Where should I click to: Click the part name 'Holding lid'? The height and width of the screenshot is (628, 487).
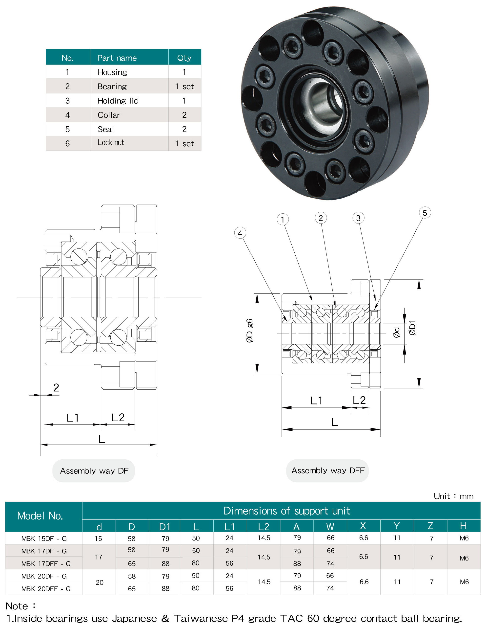pos(118,101)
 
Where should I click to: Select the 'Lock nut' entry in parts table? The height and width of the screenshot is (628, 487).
pos(111,143)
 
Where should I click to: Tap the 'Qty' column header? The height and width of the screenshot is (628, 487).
pos(184,58)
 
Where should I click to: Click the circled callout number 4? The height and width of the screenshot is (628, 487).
pos(240,233)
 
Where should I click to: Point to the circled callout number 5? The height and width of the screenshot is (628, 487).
pos(425,213)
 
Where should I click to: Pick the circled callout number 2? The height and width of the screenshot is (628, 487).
pos(321,218)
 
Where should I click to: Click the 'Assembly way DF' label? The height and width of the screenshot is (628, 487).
pos(94,471)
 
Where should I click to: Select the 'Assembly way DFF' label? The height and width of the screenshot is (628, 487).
pos(328,471)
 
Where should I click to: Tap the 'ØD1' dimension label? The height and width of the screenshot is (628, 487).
pos(412,328)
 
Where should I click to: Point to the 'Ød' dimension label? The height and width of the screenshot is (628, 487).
pos(396,332)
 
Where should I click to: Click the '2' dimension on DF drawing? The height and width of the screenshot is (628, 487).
pos(56,388)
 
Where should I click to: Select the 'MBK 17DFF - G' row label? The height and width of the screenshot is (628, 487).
pos(46,563)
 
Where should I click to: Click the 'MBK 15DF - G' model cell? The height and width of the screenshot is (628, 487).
pos(44,538)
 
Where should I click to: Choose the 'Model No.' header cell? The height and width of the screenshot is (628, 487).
pos(40,516)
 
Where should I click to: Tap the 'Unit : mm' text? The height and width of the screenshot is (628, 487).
pos(453,496)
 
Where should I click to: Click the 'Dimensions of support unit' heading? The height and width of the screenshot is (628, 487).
pos(286,511)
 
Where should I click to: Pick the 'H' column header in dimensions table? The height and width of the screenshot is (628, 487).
pos(463,526)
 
